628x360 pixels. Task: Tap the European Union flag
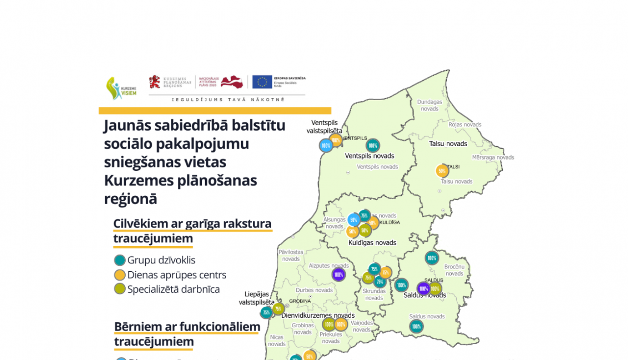262,82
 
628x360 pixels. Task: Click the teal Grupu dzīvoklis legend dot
120,260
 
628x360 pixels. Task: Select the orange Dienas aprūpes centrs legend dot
120,275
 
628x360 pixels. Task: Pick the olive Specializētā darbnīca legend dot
120,289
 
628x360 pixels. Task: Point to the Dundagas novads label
430,105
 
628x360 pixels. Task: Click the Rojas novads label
465,124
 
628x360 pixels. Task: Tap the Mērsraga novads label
493,157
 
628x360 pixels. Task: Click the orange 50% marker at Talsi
442,171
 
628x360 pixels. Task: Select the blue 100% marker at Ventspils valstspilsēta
326,146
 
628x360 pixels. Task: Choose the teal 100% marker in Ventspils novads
373,146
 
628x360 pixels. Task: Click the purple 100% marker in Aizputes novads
338,275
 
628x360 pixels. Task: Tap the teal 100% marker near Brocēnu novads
432,258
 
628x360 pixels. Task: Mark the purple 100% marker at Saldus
423,288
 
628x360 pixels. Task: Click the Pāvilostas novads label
291,255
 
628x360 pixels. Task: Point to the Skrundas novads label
374,294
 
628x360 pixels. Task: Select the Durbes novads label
314,290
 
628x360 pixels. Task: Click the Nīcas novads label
277,340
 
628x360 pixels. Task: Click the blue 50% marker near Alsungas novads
353,220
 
